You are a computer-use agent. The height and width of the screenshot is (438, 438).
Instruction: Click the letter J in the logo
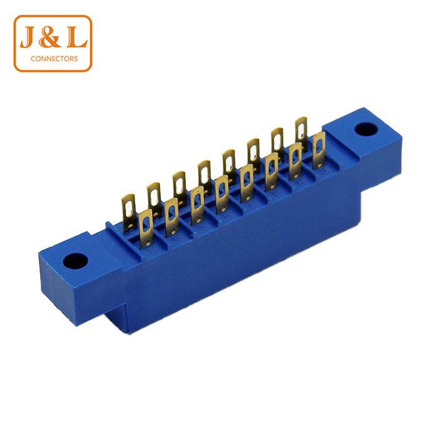coord(28,37)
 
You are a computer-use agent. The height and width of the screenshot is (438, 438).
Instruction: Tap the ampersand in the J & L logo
coord(49,37)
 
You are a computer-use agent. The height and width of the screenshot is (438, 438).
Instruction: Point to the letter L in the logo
coord(76,37)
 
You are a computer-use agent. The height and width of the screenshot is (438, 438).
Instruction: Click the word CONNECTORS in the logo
coord(54,59)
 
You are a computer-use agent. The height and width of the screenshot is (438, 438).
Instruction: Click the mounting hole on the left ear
coord(76,261)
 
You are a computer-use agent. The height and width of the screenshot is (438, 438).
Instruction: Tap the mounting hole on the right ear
coord(366,130)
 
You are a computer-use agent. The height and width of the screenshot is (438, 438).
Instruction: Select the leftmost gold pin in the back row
coord(129,213)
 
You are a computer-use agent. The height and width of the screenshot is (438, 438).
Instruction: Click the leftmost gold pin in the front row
coord(146,228)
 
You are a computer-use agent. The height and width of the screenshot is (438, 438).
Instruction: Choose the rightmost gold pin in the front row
coord(319,150)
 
